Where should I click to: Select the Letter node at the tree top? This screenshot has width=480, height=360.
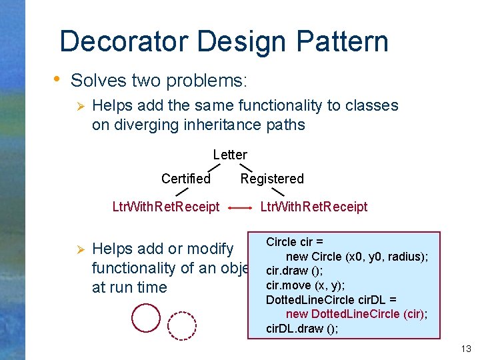tap(230, 155)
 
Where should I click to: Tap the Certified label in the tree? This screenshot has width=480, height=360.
tap(186, 179)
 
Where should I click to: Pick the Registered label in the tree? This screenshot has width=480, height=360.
tap(272, 179)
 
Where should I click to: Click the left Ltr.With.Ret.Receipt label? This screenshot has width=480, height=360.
tap(166, 207)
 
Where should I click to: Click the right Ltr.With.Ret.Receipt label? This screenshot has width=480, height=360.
tap(313, 207)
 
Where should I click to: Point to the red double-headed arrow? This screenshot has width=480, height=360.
tap(240, 208)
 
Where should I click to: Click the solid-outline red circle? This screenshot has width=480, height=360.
tap(146, 318)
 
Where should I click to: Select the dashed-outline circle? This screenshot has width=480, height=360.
tap(182, 325)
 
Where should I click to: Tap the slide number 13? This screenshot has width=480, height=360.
tap(465, 349)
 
